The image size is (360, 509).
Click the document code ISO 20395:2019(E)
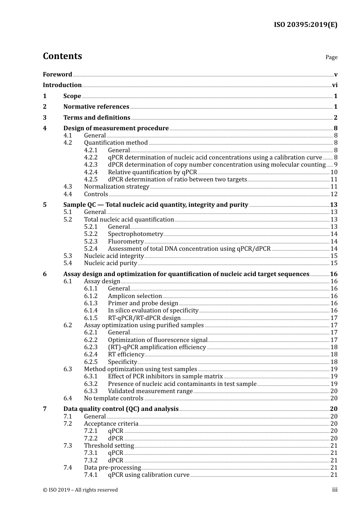pos(305,25)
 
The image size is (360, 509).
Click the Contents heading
pos(62,56)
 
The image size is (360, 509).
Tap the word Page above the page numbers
pos(331,57)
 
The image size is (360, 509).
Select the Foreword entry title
pos(57,75)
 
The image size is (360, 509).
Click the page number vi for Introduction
pos(335,85)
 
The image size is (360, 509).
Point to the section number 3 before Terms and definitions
pos(45,118)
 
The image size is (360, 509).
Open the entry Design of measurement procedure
pos(116,128)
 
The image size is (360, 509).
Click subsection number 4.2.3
pos(91,165)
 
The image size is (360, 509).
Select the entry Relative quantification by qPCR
pos(152,172)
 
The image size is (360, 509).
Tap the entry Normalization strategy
pos(116,187)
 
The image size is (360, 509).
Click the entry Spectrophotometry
pos(135,234)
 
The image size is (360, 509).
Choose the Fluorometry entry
pos(125,242)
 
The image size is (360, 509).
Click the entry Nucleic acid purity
pos(110,263)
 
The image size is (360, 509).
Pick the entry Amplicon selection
pos(135,296)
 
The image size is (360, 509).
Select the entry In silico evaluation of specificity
pos(153,311)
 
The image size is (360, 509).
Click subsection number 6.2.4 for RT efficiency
pos(91,354)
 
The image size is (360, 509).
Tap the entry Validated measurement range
pos(150,391)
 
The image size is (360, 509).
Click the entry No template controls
pos(113,398)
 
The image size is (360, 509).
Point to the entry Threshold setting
pos(109,446)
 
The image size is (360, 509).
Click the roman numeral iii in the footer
pos(335,490)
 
